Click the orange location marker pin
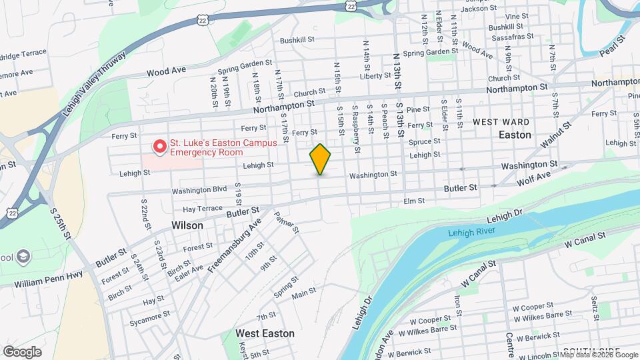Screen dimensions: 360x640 pos(320,159)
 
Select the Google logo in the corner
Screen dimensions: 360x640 pos(22,352)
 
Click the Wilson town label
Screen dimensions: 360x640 pos(187,225)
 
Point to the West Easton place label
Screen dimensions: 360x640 pos(265,333)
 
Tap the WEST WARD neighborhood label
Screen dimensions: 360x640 pos(501,122)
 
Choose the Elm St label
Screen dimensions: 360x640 pos(414,201)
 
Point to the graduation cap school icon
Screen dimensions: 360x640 pos(23,257)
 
